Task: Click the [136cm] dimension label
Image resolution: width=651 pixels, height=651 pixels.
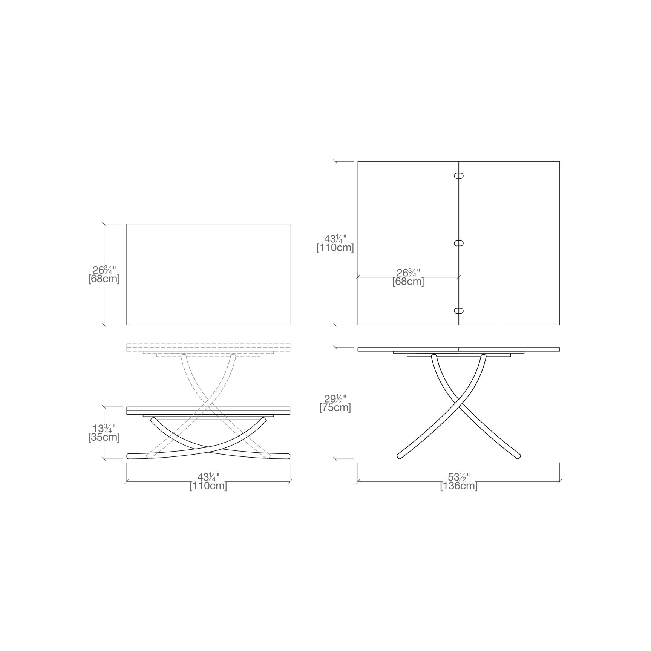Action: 458,486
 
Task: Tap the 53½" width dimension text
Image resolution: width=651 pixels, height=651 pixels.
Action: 458,477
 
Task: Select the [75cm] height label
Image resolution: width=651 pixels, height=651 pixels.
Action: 335,407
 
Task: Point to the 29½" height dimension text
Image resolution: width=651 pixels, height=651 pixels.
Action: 335,398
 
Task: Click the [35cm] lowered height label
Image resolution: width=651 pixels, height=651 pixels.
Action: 104,437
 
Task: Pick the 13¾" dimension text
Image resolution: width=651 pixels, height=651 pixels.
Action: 104,428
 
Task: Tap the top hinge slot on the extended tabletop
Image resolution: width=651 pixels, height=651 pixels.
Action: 459,176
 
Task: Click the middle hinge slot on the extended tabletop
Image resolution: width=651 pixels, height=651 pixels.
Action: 459,244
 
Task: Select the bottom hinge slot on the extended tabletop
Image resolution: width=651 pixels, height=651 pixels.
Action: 459,311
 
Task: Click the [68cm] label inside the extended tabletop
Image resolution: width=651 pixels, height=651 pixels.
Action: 408,282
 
